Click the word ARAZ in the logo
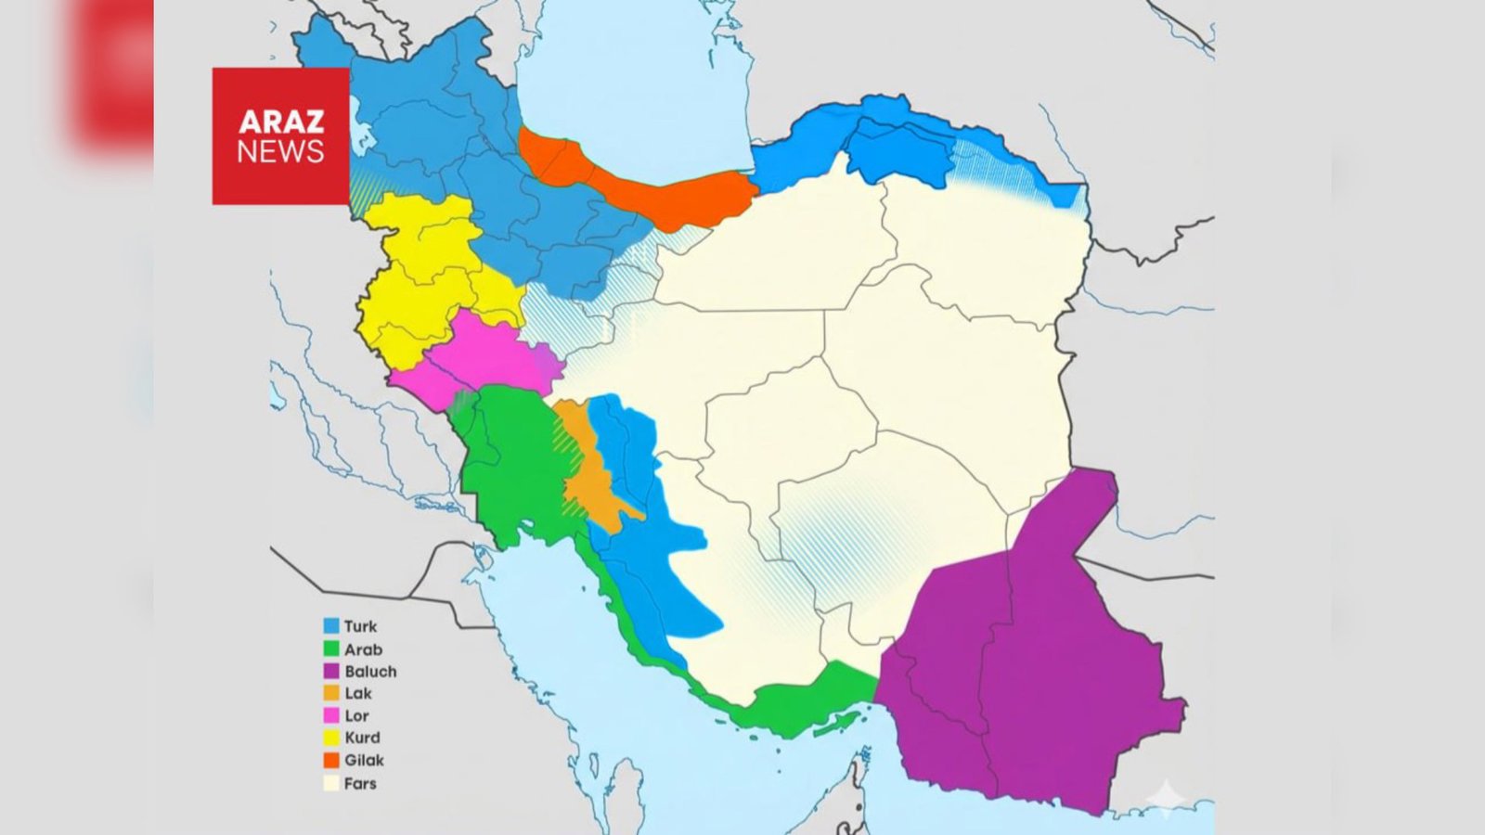pos(280,122)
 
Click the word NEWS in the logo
pos(280,151)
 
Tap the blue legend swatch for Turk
pos(331,626)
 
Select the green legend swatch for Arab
pos(331,649)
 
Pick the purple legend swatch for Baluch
pos(331,671)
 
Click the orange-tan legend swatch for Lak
pos(331,693)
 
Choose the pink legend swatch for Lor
pos(331,715)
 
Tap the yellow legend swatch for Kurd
pos(331,738)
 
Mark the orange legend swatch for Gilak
pos(331,760)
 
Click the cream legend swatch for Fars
pos(331,783)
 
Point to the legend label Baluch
pos(370,671)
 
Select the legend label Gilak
pos(364,760)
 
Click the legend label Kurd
pos(362,738)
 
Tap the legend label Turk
pos(360,626)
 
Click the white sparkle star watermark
pos(1166,798)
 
